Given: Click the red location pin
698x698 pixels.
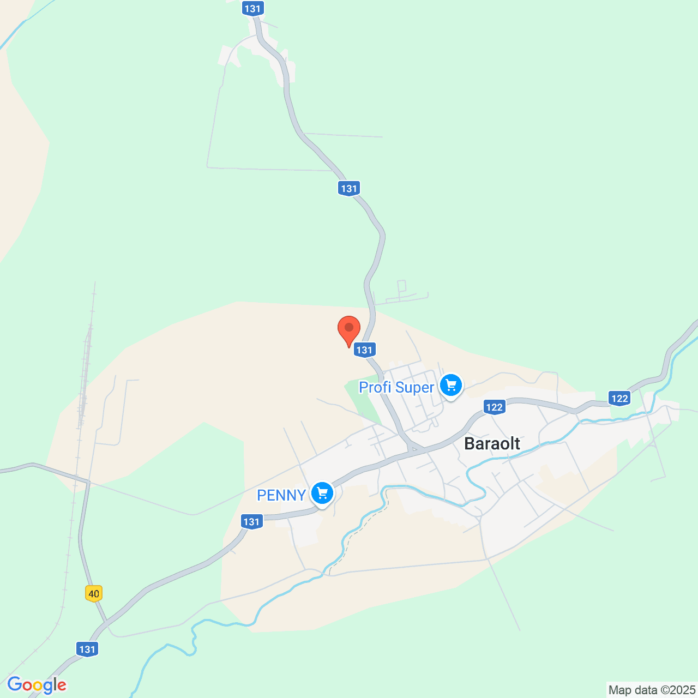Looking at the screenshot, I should tap(349, 330).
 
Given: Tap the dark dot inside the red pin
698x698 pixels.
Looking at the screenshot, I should tap(349, 327).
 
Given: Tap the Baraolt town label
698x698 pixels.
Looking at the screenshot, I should tap(492, 444).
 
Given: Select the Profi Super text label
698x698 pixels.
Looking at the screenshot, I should tap(396, 388).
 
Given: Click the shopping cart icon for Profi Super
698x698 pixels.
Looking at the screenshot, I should tap(451, 386).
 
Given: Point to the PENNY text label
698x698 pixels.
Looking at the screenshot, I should tap(281, 495).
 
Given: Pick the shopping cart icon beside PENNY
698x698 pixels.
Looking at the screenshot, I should tap(322, 494).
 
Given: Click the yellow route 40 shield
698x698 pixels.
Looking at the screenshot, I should tap(94, 593).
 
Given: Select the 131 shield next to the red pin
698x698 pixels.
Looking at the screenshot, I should tap(364, 350).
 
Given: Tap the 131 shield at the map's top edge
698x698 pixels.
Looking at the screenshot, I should tap(253, 9).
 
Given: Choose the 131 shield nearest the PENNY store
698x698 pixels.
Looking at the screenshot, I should tap(251, 522).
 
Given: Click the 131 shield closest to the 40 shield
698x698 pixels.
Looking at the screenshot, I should tap(87, 649).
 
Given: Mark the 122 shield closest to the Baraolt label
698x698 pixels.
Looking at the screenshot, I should tap(494, 407).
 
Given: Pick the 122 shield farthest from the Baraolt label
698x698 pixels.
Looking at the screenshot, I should tap(620, 399).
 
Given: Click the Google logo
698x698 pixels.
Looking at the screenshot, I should tap(37, 685).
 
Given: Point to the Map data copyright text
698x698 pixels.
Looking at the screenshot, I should tap(652, 690).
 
